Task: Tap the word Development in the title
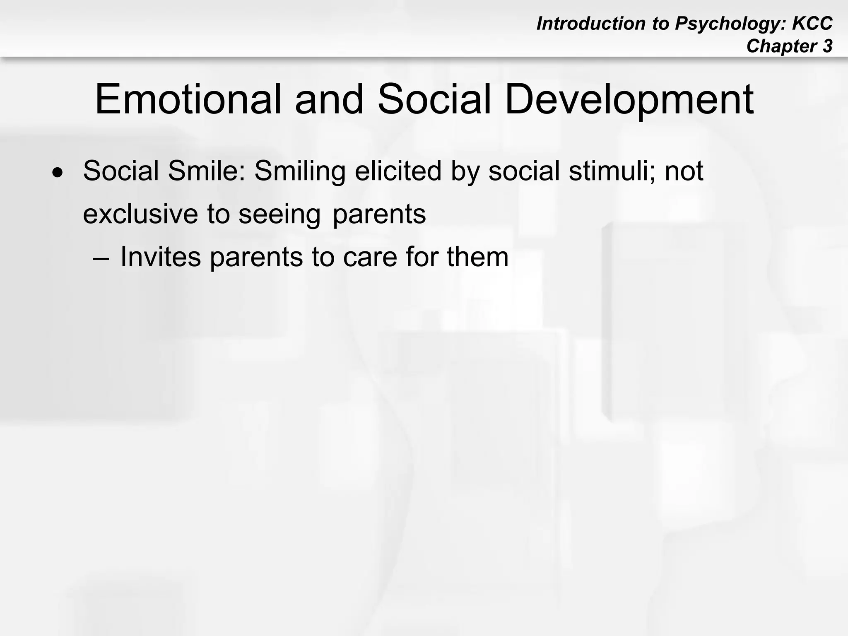629,100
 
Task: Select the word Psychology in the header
730,24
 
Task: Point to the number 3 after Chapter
827,46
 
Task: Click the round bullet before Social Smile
58,172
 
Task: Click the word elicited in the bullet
398,171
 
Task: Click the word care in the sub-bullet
370,257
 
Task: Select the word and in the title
329,100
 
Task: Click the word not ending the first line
684,171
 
